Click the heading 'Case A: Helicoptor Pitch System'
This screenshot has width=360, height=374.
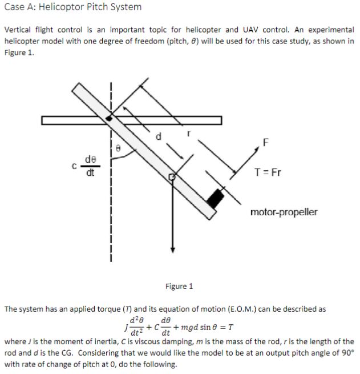tap(72, 7)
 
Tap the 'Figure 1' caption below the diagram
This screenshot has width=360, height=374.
tap(179, 286)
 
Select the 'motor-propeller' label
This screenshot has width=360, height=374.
tap(284, 212)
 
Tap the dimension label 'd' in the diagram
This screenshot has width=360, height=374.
tap(160, 136)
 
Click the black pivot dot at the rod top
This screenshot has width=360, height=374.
tap(108, 118)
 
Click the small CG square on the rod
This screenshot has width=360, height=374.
tap(171, 178)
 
